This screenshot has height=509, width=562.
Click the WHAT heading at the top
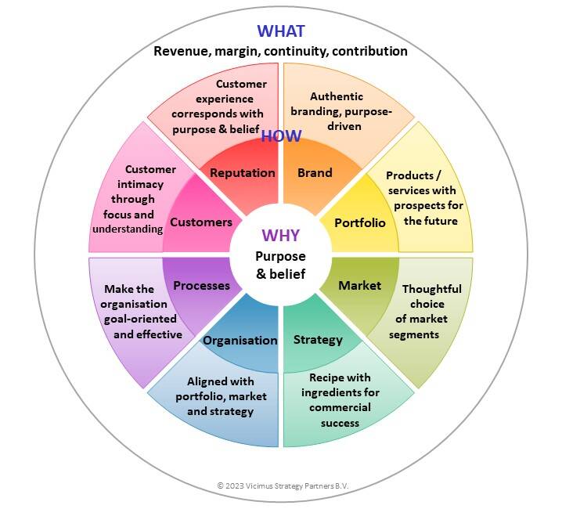click(280, 31)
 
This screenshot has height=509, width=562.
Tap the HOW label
click(281, 136)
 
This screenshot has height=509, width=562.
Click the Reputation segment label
click(243, 172)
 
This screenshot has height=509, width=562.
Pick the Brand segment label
click(315, 172)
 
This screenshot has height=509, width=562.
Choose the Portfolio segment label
click(360, 222)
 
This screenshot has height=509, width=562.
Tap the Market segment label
click(359, 285)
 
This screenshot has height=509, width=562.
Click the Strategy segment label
click(318, 339)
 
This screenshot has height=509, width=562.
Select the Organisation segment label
click(240, 340)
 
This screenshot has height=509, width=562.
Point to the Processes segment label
click(202, 285)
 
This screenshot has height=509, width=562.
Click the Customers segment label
click(201, 222)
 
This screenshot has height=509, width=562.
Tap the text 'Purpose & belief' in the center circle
click(280, 265)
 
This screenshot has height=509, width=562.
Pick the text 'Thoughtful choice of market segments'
click(431, 312)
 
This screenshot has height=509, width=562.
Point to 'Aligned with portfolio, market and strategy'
click(221, 396)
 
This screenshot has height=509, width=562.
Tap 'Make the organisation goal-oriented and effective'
click(135, 312)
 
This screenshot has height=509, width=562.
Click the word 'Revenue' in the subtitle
click(179, 52)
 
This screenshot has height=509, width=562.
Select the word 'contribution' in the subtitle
click(367, 52)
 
